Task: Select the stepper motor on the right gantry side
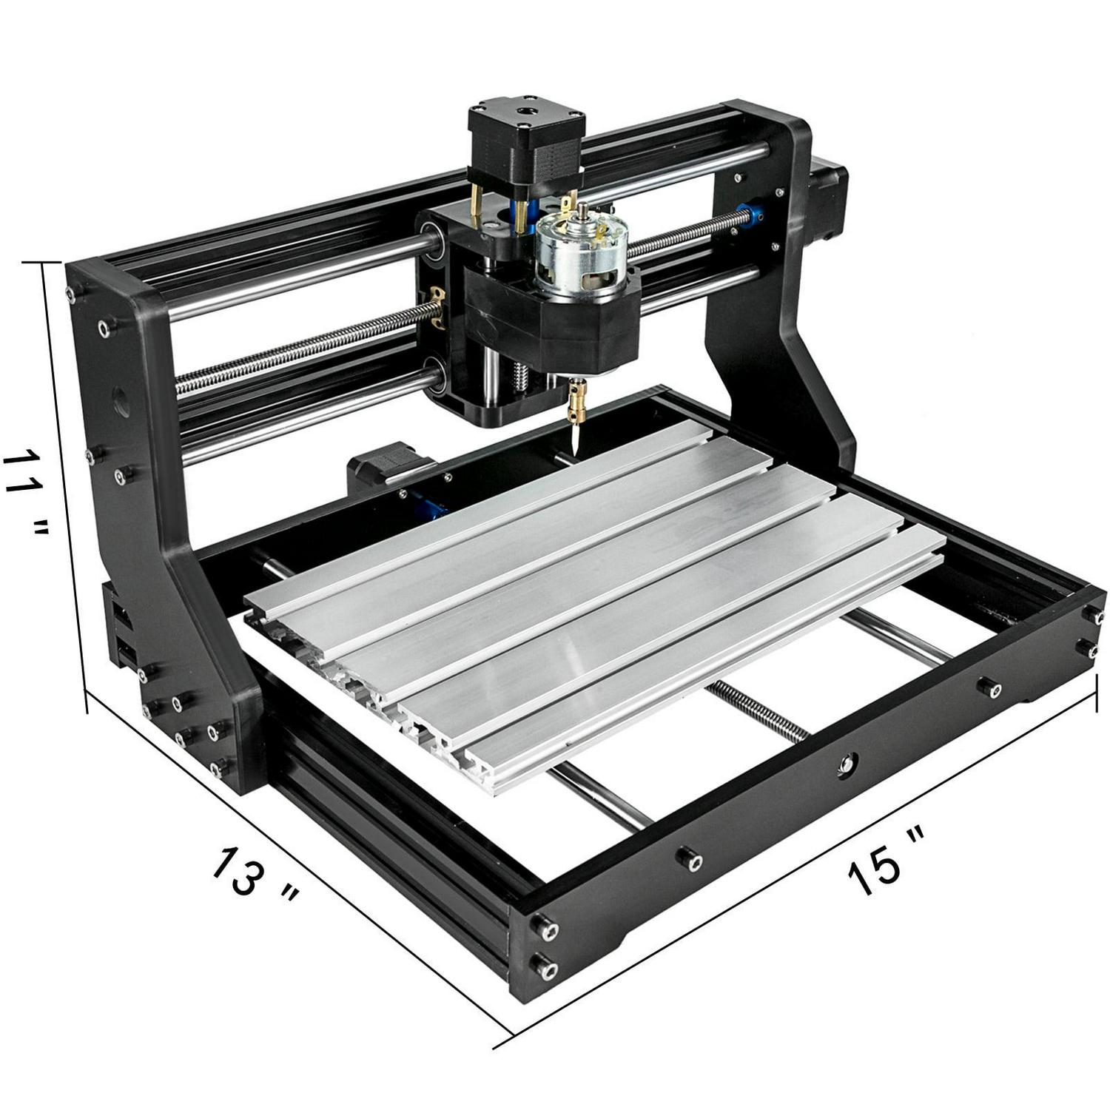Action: pyautogui.click(x=829, y=203)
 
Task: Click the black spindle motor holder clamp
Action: pyautogui.click(x=551, y=326)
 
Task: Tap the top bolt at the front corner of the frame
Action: pyautogui.click(x=546, y=928)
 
